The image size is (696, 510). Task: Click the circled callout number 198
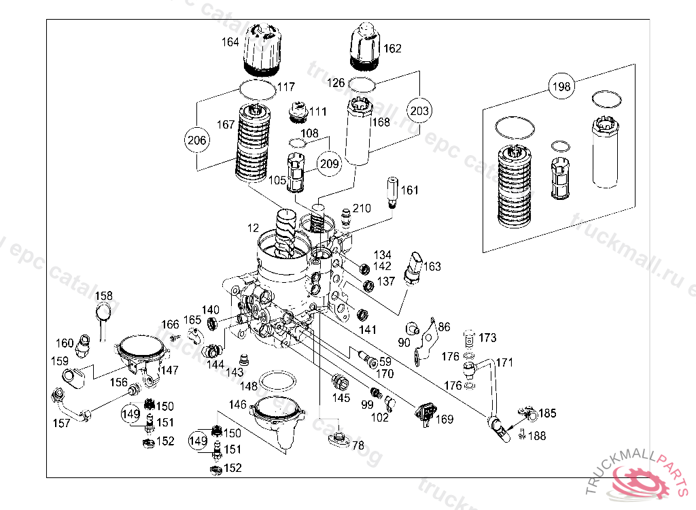tap(561, 86)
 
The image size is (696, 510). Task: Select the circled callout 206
tap(196, 140)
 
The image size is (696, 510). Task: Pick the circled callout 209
tap(329, 163)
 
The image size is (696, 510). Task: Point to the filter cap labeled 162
tap(365, 46)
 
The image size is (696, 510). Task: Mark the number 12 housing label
tap(253, 227)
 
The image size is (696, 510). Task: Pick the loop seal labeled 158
tap(105, 313)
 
